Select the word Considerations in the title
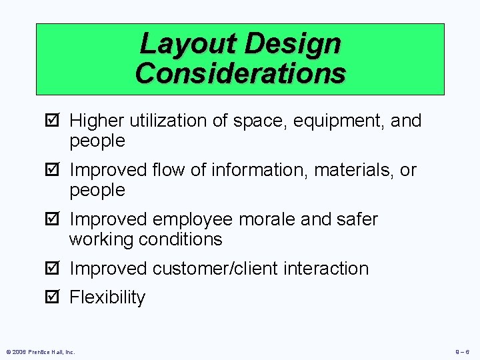point(240,73)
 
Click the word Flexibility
point(107,298)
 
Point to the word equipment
point(334,121)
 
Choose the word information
point(259,171)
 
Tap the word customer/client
point(215,269)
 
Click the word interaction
point(326,269)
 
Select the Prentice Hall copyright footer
point(41,352)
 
